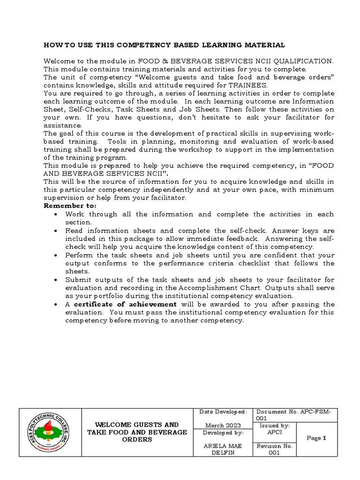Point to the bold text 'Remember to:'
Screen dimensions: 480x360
tap(70, 206)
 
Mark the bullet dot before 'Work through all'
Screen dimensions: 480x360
tap(56, 214)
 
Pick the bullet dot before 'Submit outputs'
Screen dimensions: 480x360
tap(56, 279)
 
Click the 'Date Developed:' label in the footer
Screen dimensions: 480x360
tap(223, 412)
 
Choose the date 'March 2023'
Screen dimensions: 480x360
tap(223, 425)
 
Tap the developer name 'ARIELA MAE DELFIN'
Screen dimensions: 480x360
tap(223, 450)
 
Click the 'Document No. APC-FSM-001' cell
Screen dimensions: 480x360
tap(293, 414)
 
